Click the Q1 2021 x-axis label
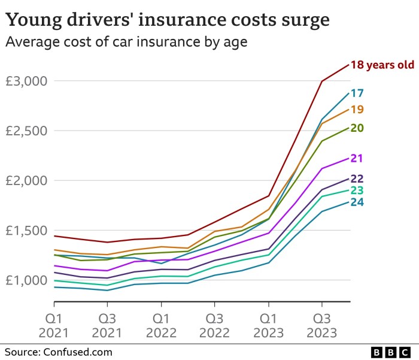[54, 324]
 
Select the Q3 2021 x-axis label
[107, 324]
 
